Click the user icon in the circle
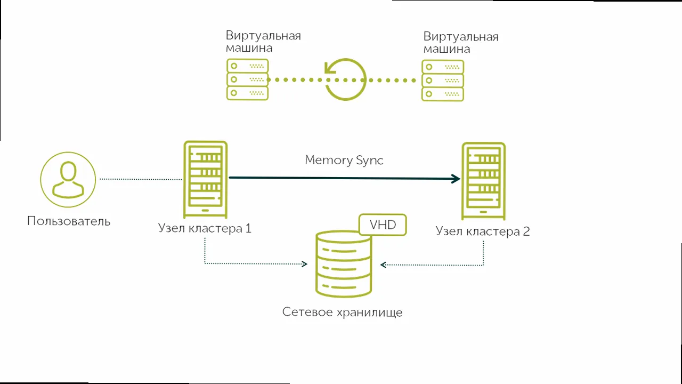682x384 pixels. coord(68,180)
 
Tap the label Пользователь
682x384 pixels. coord(69,221)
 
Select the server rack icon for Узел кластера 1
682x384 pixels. coord(205,179)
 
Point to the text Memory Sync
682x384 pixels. coord(344,160)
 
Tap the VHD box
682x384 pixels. coord(383,225)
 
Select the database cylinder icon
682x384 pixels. coord(343,263)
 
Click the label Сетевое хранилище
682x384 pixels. coord(342,312)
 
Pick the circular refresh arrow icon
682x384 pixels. coord(345,79)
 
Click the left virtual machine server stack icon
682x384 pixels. coord(247,79)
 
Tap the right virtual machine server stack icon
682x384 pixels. coord(443,81)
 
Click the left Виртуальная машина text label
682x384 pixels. coord(263,42)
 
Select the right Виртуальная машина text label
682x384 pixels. coord(461,43)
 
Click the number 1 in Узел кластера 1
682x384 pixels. coord(248,229)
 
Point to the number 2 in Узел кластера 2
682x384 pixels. coord(526,231)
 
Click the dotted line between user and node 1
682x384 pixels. coord(141,179)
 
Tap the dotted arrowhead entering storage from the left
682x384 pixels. coord(305,263)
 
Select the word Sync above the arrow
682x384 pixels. coord(370,161)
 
